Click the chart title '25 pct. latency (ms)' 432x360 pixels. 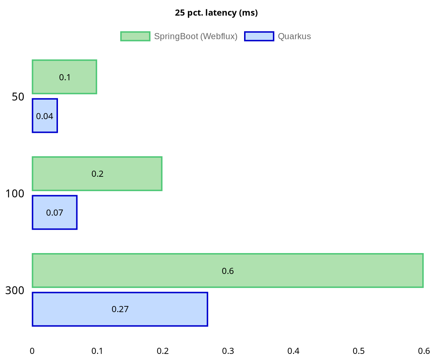[216, 13]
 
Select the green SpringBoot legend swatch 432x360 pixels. [135, 36]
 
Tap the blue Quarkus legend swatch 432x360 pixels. [259, 36]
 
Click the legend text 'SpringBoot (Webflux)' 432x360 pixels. [195, 36]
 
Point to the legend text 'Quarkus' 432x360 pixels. [294, 36]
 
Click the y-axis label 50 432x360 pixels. [18, 97]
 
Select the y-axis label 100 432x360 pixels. [15, 194]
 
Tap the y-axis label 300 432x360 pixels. [15, 291]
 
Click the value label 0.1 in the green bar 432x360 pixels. [65, 77]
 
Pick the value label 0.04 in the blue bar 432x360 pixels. [45, 116]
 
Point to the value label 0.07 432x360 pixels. [55, 213]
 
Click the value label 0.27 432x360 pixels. [120, 309]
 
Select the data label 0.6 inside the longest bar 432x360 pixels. [228, 271]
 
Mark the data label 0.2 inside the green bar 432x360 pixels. [98, 174]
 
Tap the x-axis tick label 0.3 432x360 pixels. [228, 351]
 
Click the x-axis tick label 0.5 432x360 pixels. [359, 351]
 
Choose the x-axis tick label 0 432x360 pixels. [32, 351]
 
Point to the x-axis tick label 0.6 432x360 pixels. [424, 351]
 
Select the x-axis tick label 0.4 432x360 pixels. [293, 351]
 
